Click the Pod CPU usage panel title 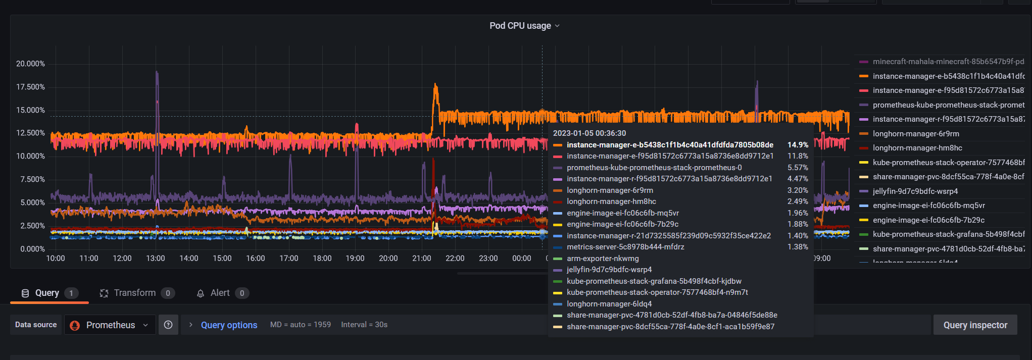520,26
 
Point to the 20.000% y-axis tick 30,64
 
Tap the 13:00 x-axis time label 155,258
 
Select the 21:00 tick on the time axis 421,258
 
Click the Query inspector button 975,325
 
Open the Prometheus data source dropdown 110,325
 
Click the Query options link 229,325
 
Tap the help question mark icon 168,325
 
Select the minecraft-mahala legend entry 948,62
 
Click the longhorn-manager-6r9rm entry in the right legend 915,134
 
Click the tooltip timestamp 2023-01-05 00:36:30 589,133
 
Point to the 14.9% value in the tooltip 798,145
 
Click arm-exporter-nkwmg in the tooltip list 603,259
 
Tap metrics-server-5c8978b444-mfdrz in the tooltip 625,247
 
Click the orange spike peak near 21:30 435,86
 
